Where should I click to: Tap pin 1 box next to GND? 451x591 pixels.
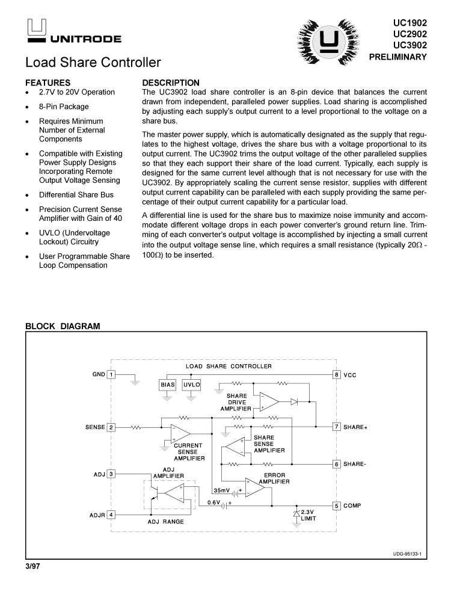coord(111,374)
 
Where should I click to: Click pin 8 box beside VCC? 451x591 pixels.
coord(337,374)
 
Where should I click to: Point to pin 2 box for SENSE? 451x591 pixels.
coord(111,427)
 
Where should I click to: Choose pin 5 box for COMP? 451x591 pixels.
coord(337,506)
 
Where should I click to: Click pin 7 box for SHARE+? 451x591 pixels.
coord(337,427)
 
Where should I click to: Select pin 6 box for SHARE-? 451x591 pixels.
coord(337,464)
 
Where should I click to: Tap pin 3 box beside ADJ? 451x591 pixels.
coord(111,474)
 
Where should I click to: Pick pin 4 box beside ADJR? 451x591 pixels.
coord(111,515)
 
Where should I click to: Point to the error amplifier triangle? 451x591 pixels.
coord(254,487)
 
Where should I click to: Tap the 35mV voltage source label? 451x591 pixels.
coord(222,490)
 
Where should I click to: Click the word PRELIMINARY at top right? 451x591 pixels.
coord(397,57)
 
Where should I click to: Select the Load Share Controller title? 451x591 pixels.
coord(93,62)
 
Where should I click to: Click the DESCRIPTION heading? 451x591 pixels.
coord(171,82)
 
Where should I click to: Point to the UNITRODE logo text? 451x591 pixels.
coord(85,39)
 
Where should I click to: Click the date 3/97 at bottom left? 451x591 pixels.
coord(35,566)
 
